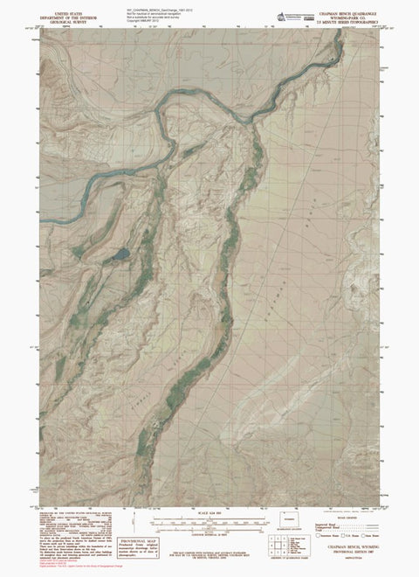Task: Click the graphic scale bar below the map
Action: coord(209,522)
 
